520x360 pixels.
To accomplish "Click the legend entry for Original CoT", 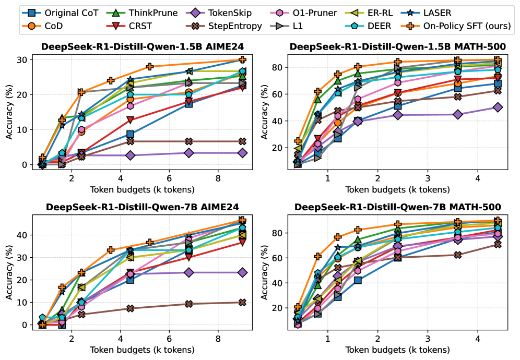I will (58, 13).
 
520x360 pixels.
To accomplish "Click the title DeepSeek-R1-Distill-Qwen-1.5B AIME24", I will (142, 47).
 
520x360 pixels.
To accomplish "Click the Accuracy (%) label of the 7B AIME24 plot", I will (9, 270).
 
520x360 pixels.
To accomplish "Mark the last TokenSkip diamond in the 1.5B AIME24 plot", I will (242, 153).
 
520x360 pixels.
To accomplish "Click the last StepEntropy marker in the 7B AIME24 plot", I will (242, 302).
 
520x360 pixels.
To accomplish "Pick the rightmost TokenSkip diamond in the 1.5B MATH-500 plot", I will (498, 107).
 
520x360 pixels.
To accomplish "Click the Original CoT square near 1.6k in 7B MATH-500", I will (358, 280).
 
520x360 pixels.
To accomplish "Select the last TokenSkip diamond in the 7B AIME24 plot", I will (242, 272).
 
